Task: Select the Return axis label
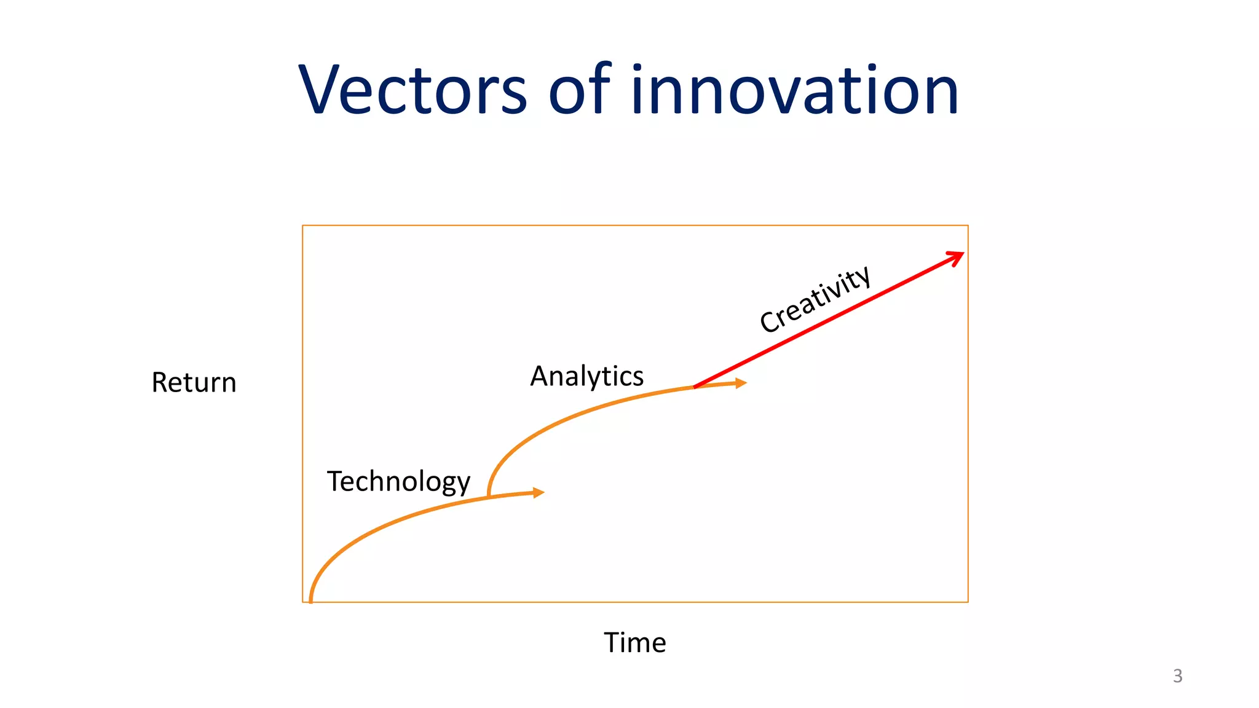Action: tap(194, 382)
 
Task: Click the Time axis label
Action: tap(634, 643)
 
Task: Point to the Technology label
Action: tap(398, 481)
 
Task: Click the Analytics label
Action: tap(586, 376)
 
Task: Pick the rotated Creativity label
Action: tap(815, 299)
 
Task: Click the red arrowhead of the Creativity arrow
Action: tap(957, 257)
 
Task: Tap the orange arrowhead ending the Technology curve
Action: tap(539, 492)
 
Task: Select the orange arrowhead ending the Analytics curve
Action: tap(741, 383)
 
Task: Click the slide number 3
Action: tap(1177, 676)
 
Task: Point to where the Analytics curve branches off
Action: tap(489, 495)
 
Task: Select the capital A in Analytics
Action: tap(542, 376)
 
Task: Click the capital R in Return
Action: tap(160, 382)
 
